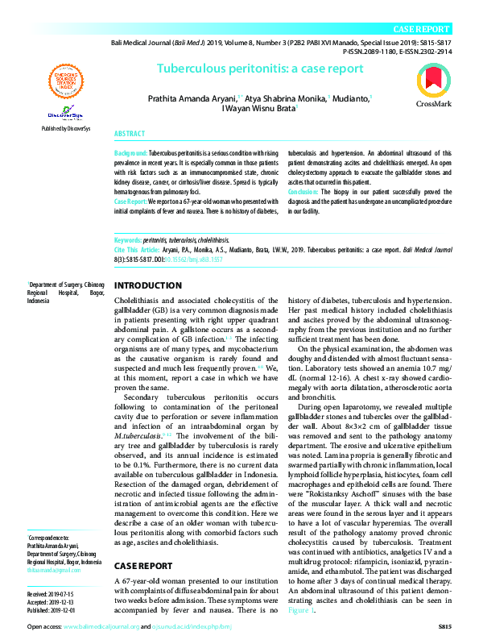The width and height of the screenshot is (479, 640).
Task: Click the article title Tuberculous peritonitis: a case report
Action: point(260,69)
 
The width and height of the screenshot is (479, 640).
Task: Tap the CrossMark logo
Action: point(433,86)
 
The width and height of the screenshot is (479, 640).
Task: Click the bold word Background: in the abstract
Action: point(131,152)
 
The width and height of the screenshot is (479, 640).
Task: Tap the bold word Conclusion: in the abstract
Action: point(304,193)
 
